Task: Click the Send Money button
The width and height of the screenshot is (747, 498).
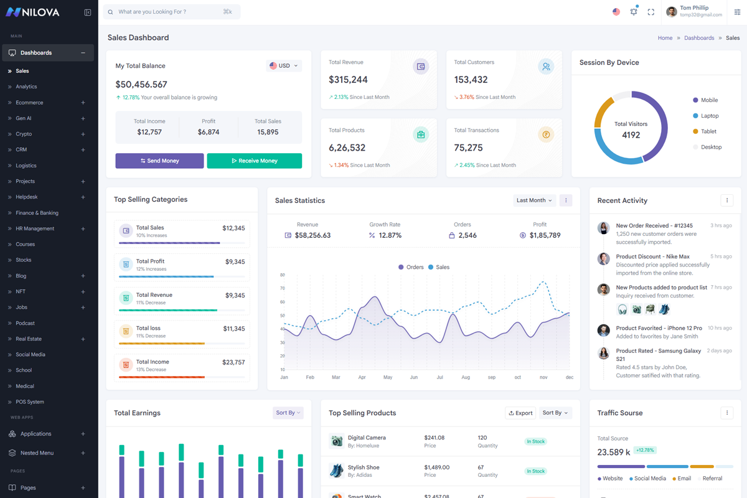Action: point(159,161)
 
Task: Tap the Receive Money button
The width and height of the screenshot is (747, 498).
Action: point(255,161)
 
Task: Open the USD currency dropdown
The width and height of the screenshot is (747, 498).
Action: point(284,66)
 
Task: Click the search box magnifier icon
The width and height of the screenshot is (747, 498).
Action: point(110,12)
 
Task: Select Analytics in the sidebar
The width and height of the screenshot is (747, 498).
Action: point(26,87)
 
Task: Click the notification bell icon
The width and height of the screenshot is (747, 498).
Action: point(634,12)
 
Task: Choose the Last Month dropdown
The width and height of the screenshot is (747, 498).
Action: point(534,200)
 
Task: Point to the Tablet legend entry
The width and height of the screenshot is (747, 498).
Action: point(705,131)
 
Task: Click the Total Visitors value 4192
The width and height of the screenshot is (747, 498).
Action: point(631,135)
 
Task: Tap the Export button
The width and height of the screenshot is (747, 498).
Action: point(520,413)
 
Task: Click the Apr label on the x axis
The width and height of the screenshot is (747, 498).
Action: point(362,377)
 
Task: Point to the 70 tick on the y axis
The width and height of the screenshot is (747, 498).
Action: point(283,288)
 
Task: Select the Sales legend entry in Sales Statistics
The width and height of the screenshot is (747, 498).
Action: point(439,267)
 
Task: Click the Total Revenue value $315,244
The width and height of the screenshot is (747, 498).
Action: point(348,80)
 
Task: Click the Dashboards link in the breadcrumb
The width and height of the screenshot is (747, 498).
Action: point(699,38)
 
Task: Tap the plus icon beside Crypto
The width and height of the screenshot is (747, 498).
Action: point(83,134)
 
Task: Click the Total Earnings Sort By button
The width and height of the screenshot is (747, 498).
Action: point(288,413)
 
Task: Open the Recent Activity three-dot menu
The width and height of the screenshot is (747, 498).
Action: point(727,200)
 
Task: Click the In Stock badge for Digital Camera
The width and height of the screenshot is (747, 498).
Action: point(535,441)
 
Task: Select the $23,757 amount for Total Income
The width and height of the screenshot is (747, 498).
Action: point(233,362)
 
